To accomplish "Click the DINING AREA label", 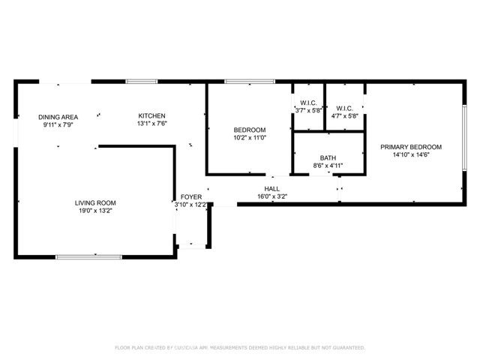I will click(x=58, y=117).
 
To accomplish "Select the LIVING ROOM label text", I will click(x=95, y=203).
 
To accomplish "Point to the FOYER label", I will click(x=190, y=196).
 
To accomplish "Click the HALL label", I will click(x=271, y=188).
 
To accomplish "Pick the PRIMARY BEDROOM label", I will click(x=410, y=147).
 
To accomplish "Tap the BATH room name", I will click(x=328, y=157).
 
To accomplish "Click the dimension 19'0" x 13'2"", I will click(x=95, y=211).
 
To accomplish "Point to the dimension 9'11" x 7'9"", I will click(x=58, y=124).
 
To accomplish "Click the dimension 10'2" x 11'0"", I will click(x=249, y=138).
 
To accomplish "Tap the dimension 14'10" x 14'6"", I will click(x=410, y=155).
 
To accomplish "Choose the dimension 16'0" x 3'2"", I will click(x=271, y=196).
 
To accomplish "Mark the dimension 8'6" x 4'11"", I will click(x=328, y=166).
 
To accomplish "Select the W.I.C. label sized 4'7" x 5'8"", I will click(x=345, y=108).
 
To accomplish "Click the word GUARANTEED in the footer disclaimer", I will click(x=349, y=348).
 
